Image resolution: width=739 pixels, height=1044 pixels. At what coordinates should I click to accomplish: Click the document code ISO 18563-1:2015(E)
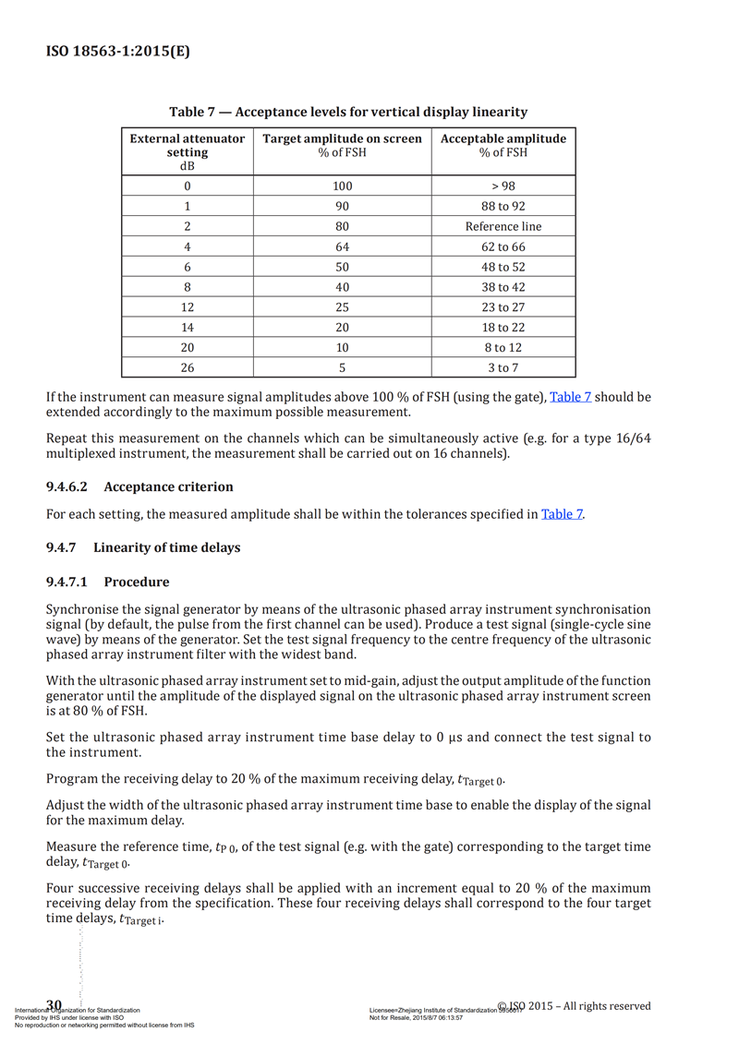117,51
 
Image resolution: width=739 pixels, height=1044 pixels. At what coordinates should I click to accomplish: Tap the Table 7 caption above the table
348,112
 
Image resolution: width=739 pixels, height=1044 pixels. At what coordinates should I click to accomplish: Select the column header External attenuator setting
188,151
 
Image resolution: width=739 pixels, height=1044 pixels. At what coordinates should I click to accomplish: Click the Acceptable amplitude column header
503,145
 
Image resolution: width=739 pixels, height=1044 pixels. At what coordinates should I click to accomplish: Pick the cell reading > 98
503,186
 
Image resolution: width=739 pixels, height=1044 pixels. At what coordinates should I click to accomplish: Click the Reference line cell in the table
503,226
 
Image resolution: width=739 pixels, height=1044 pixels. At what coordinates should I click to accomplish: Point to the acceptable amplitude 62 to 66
503,246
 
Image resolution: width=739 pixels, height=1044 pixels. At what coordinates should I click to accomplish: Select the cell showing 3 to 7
503,367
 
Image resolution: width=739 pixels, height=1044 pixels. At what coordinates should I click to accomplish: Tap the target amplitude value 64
343,246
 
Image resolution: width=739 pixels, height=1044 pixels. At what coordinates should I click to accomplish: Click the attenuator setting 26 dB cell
188,367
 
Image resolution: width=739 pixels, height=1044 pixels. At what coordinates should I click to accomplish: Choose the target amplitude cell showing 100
343,186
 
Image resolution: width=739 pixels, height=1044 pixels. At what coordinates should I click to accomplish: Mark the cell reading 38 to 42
503,287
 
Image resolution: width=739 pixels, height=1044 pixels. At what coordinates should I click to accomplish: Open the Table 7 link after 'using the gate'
570,397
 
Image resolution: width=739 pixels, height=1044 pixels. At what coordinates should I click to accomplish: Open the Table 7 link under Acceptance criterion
562,514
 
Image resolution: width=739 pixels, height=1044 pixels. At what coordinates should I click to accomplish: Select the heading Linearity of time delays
166,547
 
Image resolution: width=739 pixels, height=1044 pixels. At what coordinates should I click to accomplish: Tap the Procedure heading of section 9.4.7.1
137,582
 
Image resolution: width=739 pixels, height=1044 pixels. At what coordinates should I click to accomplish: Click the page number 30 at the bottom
54,1004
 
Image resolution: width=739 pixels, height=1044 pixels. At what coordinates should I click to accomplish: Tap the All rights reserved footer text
601,1005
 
